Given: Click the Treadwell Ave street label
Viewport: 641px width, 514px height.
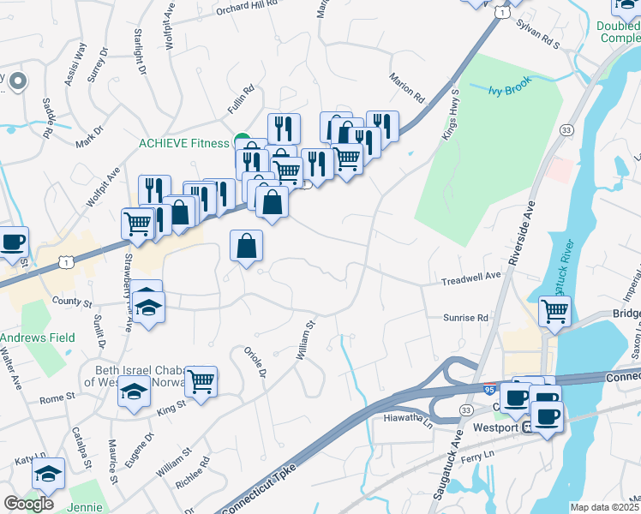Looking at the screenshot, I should pyautogui.click(x=470, y=278).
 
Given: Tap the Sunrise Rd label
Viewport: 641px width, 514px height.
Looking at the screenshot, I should pyautogui.click(x=465, y=318).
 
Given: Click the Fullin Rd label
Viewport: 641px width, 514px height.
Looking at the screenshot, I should pyautogui.click(x=241, y=95).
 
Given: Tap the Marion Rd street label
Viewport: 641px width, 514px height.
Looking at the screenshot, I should pyautogui.click(x=407, y=87).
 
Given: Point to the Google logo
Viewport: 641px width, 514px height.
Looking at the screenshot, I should pyautogui.click(x=29, y=503).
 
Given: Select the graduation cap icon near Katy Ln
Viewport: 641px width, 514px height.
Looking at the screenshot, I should pyautogui.click(x=48, y=473).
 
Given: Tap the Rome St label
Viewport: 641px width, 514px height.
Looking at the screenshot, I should pyautogui.click(x=57, y=398).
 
